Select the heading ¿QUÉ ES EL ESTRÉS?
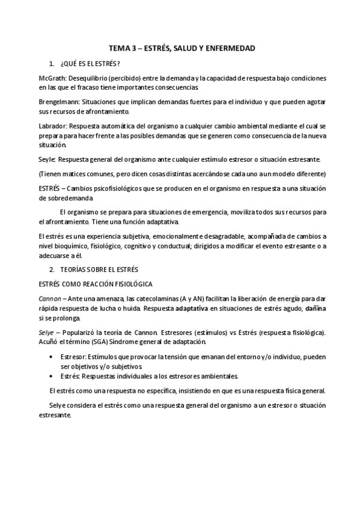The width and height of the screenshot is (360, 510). coord(90,64)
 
